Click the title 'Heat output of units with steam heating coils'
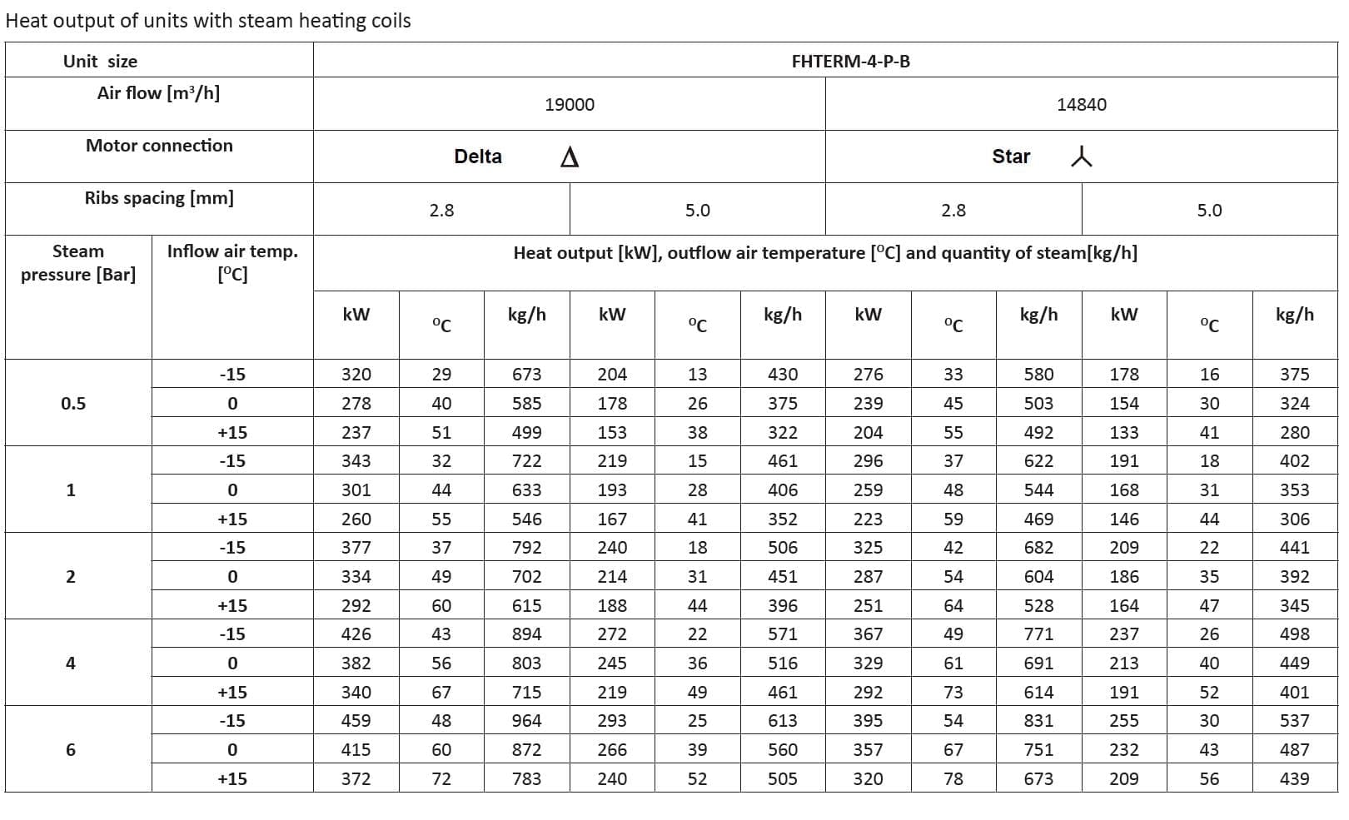208,21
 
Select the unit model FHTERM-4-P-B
850,62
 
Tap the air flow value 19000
570,105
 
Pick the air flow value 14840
1081,105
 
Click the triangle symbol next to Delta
570,157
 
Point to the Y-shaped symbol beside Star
1081,157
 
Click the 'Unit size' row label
100,62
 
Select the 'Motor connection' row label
159,146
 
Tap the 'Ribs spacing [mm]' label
159,198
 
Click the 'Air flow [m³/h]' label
158,93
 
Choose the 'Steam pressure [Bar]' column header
78,263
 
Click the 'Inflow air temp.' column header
232,262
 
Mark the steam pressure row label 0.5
73,404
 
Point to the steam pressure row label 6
71,750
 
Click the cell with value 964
526,721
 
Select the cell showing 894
526,634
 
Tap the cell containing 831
1038,721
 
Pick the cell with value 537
1294,721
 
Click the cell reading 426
356,634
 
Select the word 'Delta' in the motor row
478,157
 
